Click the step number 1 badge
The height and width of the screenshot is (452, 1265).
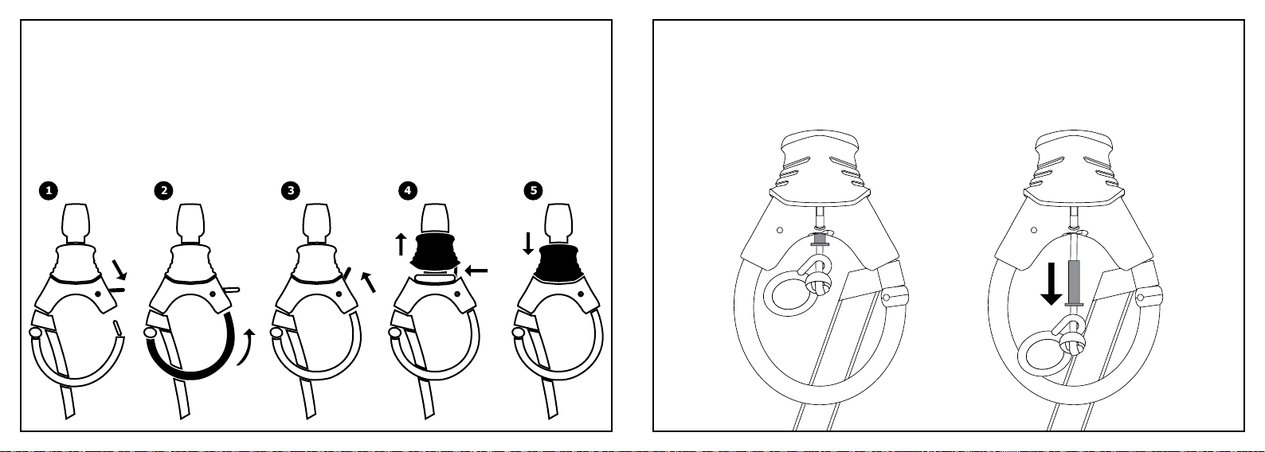pyautogui.click(x=49, y=191)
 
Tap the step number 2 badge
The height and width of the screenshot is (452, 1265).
pyautogui.click(x=164, y=191)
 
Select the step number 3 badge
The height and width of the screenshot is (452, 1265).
pyautogui.click(x=290, y=191)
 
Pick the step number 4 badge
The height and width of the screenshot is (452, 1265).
pyautogui.click(x=408, y=191)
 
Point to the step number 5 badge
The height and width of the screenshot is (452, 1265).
pyautogui.click(x=533, y=191)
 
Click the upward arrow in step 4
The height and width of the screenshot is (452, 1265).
pyautogui.click(x=401, y=244)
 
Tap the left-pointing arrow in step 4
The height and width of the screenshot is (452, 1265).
pyautogui.click(x=476, y=271)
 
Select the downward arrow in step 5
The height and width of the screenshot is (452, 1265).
pyautogui.click(x=528, y=244)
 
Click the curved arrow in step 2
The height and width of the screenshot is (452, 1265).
pyautogui.click(x=248, y=348)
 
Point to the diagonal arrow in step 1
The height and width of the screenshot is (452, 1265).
pyautogui.click(x=119, y=270)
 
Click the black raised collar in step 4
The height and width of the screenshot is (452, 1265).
pyautogui.click(x=434, y=251)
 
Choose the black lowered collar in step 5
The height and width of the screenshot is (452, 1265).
pyautogui.click(x=558, y=263)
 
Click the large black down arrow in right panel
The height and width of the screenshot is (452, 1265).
pyautogui.click(x=1051, y=284)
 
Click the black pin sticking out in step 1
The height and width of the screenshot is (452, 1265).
pyautogui.click(x=117, y=290)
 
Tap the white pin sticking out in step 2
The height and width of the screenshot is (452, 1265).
pyautogui.click(x=232, y=290)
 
